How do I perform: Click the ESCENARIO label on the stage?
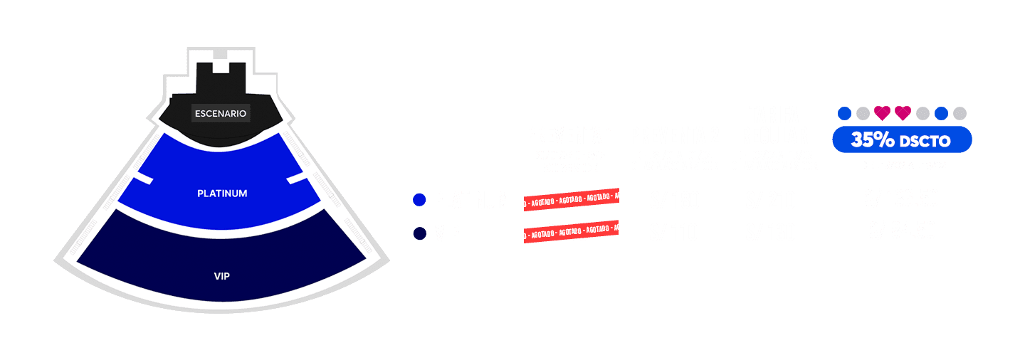point(221,113)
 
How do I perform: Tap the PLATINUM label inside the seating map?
point(222,194)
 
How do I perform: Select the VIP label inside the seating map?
point(222,276)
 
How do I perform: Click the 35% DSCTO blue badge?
point(902,140)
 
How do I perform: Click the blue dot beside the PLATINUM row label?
point(419,201)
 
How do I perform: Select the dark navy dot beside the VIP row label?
point(419,233)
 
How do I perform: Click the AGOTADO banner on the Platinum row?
point(571,200)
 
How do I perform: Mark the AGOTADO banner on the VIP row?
point(571,231)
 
